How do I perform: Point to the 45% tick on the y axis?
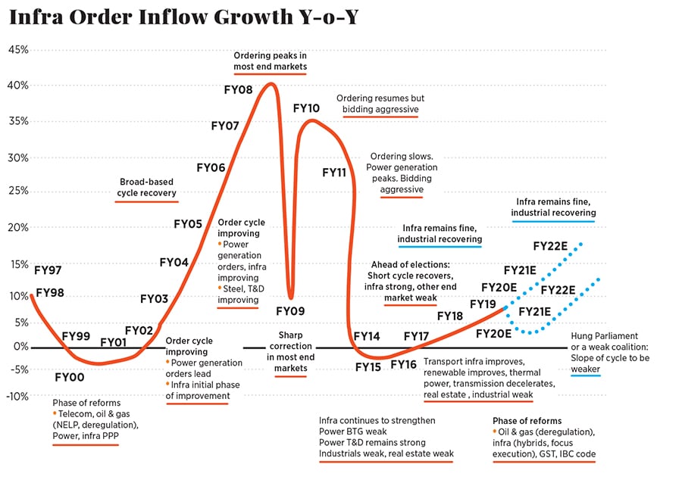18,50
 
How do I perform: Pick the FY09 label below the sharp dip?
290,310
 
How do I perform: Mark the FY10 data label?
306,108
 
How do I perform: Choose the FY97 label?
48,270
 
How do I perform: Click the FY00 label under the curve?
70,376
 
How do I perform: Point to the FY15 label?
368,367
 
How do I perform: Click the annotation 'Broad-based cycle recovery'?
146,187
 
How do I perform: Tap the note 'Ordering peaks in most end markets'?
270,61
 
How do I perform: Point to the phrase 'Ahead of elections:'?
410,265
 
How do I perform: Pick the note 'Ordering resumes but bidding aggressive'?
380,104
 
